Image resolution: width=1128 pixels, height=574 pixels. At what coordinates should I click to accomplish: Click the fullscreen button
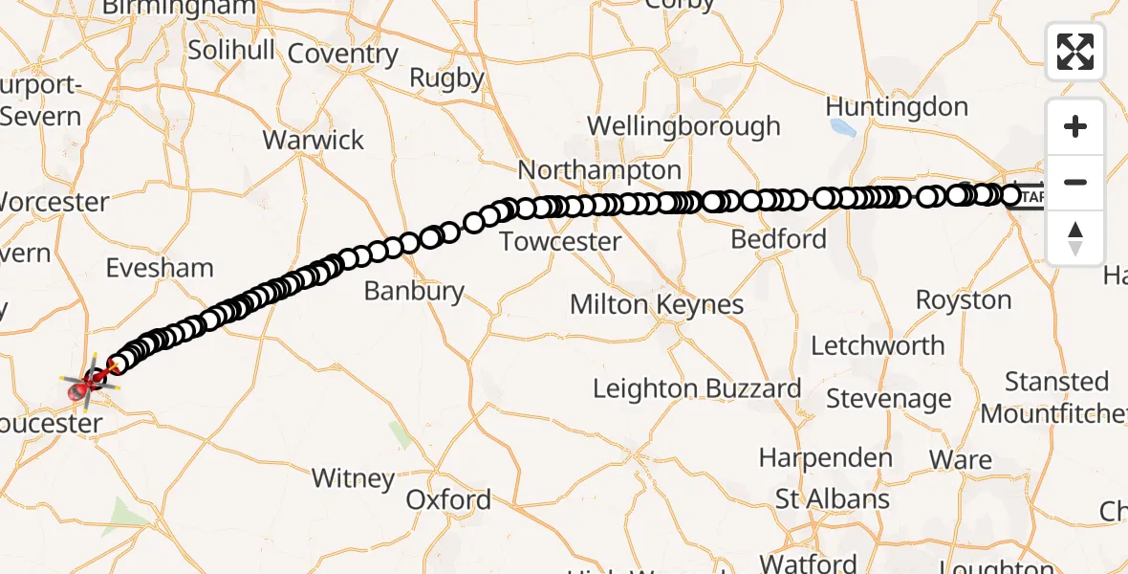(1075, 52)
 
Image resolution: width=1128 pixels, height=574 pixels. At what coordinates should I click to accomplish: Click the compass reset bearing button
(1075, 237)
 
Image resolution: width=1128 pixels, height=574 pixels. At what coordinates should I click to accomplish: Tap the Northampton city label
(599, 170)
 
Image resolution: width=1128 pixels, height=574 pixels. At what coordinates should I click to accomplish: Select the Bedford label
(779, 238)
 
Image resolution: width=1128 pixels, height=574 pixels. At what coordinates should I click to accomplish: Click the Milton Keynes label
(657, 305)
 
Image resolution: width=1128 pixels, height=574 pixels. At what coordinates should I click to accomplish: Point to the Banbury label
(414, 291)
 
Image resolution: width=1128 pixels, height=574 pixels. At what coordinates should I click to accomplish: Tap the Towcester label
(560, 241)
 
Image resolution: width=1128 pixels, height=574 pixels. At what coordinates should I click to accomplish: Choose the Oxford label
(448, 499)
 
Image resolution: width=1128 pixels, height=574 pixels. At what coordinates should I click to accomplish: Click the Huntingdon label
(897, 106)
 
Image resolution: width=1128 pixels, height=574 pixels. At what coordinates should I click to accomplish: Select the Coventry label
(342, 54)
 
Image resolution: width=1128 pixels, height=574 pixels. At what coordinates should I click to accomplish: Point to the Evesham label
(160, 268)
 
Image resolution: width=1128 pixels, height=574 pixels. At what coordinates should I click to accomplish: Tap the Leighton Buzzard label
(697, 388)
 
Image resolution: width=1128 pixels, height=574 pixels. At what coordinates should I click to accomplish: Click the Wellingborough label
(683, 125)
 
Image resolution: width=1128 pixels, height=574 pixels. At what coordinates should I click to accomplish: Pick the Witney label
(354, 478)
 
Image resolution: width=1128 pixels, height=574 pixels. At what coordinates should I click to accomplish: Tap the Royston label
(964, 299)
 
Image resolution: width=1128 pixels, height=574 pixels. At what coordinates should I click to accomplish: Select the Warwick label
(314, 140)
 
